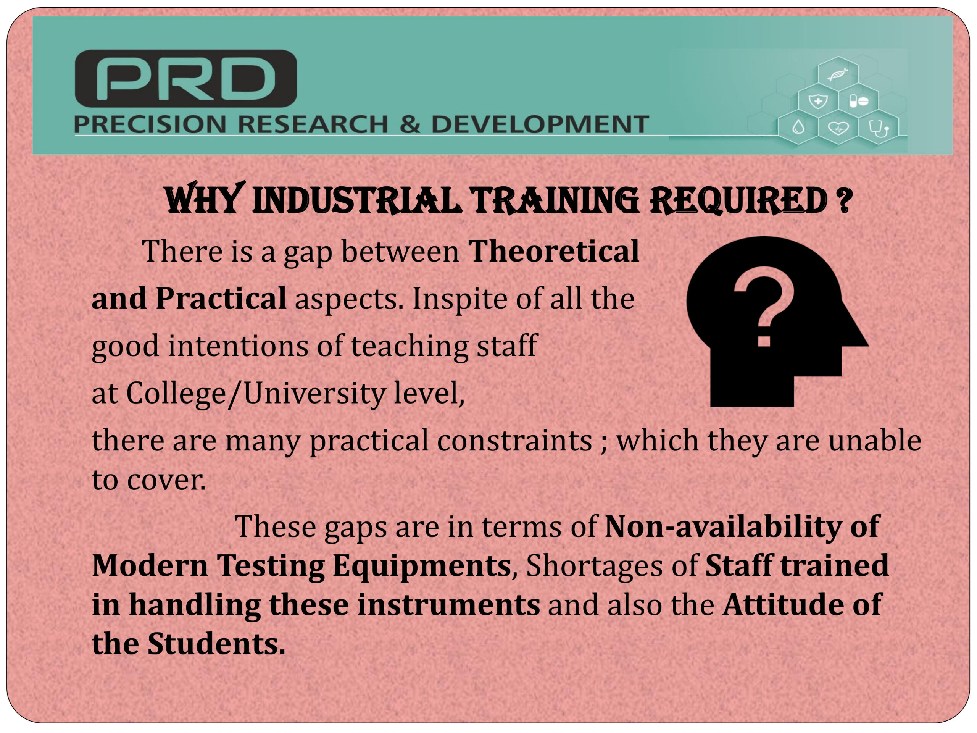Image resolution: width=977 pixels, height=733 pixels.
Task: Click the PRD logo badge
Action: tap(186, 78)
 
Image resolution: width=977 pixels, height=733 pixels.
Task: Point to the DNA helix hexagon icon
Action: tap(838, 74)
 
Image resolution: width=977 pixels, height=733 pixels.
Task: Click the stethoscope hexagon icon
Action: tap(879, 128)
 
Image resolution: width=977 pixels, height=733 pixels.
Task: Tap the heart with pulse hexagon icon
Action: tap(838, 128)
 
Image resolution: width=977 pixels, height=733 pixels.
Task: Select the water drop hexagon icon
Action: tap(798, 128)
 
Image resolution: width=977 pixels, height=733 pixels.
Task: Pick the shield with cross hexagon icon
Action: tap(818, 101)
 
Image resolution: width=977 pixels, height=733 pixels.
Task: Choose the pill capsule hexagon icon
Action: tap(858, 101)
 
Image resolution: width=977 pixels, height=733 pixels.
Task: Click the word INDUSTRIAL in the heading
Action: tap(356, 201)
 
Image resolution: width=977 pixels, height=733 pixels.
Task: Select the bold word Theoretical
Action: tap(554, 251)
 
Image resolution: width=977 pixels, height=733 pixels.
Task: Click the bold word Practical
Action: tap(221, 299)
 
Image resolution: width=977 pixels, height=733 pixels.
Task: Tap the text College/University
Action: tap(256, 393)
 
